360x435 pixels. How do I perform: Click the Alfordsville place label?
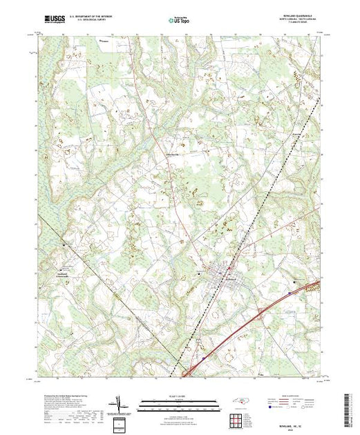pyautogui.click(x=169, y=154)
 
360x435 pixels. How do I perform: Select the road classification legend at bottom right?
pyautogui.click(x=299, y=404)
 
